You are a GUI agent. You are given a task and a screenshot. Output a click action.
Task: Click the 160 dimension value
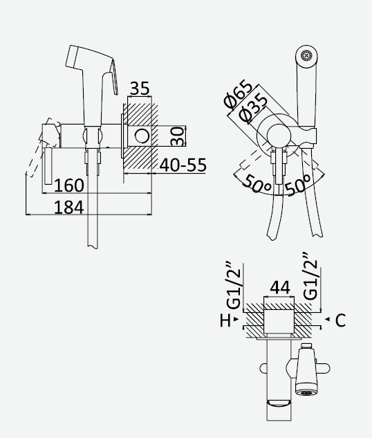pyautogui.click(x=68, y=185)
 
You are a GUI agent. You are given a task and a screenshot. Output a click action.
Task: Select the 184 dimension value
pyautogui.click(x=68, y=208)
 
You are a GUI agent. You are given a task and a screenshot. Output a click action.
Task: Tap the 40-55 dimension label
pyautogui.click(x=183, y=165)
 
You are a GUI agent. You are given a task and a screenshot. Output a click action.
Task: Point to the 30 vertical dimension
pyautogui.click(x=178, y=136)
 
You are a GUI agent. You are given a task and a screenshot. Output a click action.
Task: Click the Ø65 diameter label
pyautogui.click(x=238, y=94)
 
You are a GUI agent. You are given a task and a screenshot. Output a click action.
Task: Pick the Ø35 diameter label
pyautogui.click(x=253, y=109)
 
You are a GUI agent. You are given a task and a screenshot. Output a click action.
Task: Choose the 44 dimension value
pyautogui.click(x=280, y=287)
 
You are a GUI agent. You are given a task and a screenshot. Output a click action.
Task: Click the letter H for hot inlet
pyautogui.click(x=225, y=320)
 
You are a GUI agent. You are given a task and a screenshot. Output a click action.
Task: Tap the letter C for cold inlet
pyautogui.click(x=340, y=320)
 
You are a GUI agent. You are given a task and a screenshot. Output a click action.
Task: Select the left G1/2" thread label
pyautogui.click(x=234, y=285)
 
